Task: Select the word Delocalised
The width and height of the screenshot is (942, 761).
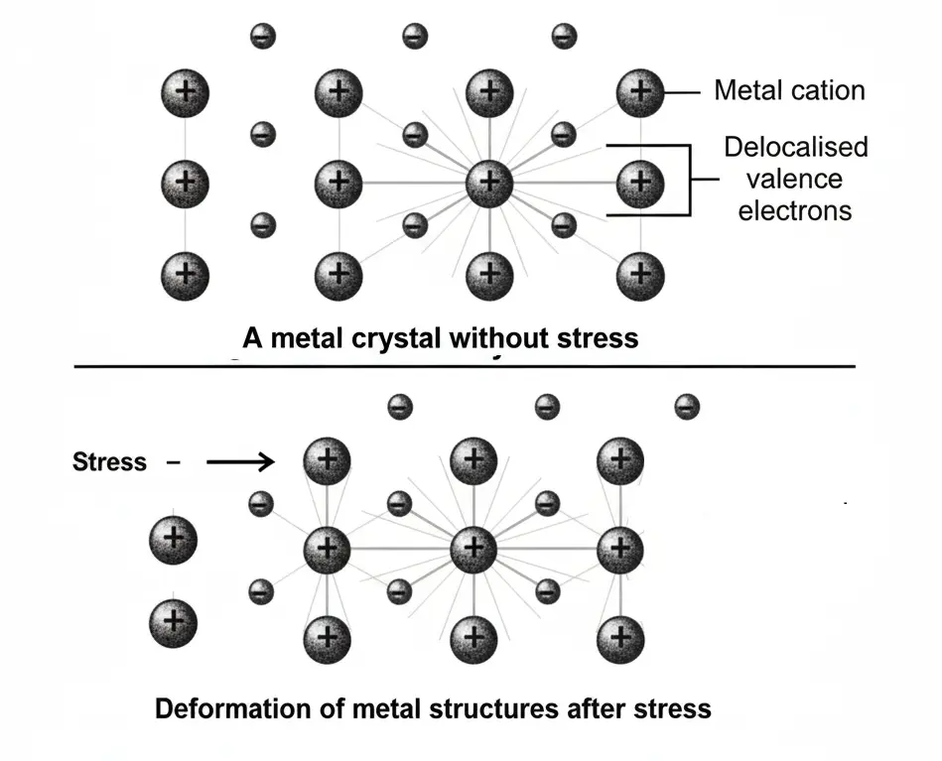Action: [x=795, y=148]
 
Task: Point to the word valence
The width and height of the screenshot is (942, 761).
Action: [x=795, y=180]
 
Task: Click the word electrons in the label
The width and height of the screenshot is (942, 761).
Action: [x=795, y=210]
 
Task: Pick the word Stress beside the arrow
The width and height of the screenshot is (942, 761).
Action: [x=109, y=462]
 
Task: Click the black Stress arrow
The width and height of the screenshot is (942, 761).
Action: [x=238, y=461]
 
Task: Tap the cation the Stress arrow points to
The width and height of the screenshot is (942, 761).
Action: [x=328, y=459]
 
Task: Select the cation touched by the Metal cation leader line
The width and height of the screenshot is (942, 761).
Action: [x=639, y=93]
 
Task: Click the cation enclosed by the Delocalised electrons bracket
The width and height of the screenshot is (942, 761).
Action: [x=639, y=182]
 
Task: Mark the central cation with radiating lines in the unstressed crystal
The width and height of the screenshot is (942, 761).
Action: [x=488, y=182]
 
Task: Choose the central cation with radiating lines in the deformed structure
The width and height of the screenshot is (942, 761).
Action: [x=473, y=547]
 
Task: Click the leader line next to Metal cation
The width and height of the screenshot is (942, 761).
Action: [x=683, y=93]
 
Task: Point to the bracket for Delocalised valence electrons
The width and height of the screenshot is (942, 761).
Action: [x=687, y=180]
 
